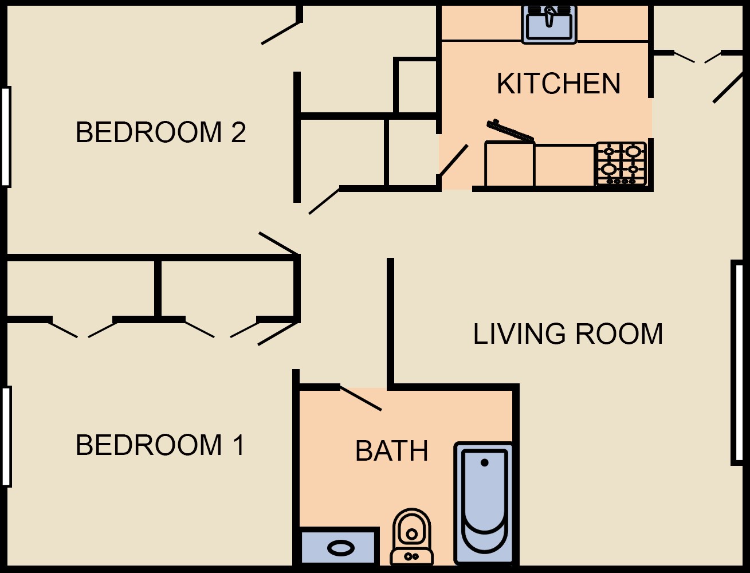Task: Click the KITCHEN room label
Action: pyautogui.click(x=558, y=83)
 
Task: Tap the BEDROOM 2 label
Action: pyautogui.click(x=160, y=132)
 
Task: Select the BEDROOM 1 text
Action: pyautogui.click(x=160, y=445)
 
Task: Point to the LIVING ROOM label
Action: pyautogui.click(x=568, y=334)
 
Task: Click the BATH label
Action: pyautogui.click(x=391, y=451)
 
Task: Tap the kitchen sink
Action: pyautogui.click(x=549, y=25)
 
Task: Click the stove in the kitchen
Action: pyautogui.click(x=621, y=164)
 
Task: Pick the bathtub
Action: pyautogui.click(x=484, y=503)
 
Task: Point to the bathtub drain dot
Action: pyautogui.click(x=484, y=462)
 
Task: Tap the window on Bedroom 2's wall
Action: pyautogui.click(x=6, y=137)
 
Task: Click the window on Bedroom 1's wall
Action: pyautogui.click(x=6, y=437)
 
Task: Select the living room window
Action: pyautogui.click(x=738, y=363)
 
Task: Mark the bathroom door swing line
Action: pyautogui.click(x=360, y=398)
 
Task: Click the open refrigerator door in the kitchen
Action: pyautogui.click(x=511, y=131)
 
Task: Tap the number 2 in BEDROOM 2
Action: pyautogui.click(x=238, y=132)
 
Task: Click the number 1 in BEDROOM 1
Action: pyautogui.click(x=238, y=445)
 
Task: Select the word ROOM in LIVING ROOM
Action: pyautogui.click(x=619, y=334)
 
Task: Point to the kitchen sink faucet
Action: pyautogui.click(x=549, y=16)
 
